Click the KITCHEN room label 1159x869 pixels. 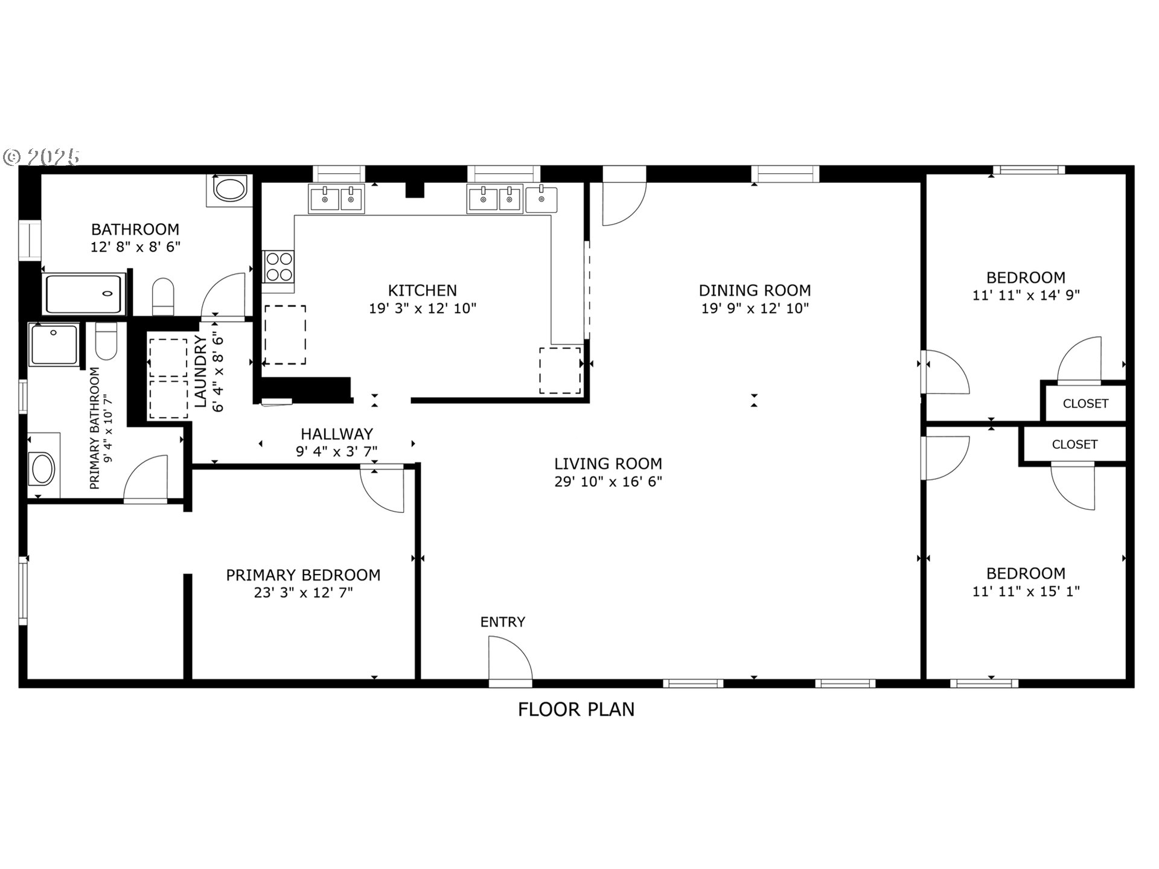[x=422, y=290]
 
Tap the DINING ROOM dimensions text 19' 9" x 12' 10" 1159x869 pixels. [x=755, y=308]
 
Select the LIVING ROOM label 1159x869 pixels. [x=608, y=463]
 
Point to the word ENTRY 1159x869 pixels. [x=503, y=622]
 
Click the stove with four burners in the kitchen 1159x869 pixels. [x=279, y=266]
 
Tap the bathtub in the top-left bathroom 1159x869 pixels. [x=85, y=294]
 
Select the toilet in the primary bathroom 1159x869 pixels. [x=106, y=342]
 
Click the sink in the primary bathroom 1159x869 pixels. [x=43, y=468]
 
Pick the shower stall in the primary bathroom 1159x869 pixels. [x=54, y=345]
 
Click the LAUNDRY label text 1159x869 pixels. [x=202, y=371]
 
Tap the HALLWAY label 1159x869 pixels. [x=337, y=434]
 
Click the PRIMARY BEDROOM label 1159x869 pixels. [x=303, y=575]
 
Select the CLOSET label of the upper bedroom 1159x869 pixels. [x=1085, y=403]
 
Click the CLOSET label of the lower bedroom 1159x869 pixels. [x=1074, y=444]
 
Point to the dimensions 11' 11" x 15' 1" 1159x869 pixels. [x=1026, y=591]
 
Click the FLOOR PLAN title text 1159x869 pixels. [x=576, y=709]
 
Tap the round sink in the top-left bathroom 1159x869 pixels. [x=231, y=189]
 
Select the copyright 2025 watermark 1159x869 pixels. [x=42, y=157]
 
